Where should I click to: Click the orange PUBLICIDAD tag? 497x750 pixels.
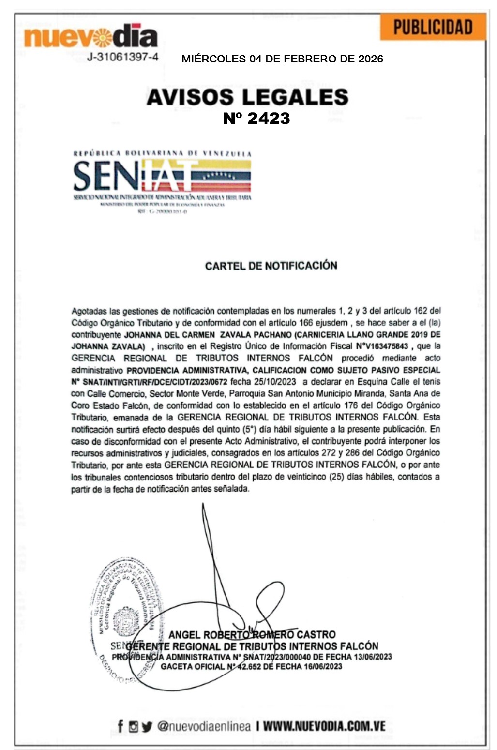433,27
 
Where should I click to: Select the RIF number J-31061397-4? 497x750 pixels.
122,57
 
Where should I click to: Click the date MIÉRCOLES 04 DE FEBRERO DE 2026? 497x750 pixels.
282,59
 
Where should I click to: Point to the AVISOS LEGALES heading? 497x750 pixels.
247,97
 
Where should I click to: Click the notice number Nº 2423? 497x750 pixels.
256,118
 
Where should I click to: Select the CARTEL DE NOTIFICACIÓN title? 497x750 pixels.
271,266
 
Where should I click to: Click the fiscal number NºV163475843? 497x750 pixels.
382,346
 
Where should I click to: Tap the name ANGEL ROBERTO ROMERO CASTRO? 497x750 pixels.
252,634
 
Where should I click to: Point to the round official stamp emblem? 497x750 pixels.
127,621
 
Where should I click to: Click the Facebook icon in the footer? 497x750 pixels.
120,726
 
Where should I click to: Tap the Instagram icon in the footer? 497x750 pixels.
134,726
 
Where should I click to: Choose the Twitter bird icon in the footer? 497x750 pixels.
147,726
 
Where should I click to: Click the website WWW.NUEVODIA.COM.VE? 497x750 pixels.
324,726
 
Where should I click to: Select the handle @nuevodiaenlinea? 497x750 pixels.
204,726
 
